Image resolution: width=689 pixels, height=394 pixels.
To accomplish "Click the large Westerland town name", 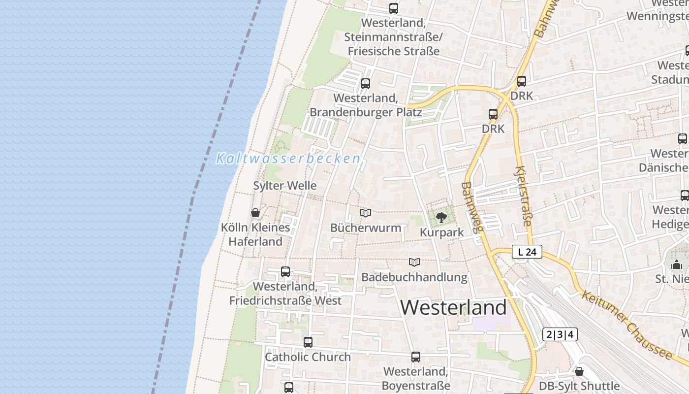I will click(x=453, y=308).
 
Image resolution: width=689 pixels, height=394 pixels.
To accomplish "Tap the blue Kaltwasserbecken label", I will click(x=288, y=159).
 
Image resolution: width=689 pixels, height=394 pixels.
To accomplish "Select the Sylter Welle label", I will click(x=284, y=186).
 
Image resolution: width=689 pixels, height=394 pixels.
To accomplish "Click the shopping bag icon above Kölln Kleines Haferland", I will click(x=255, y=213).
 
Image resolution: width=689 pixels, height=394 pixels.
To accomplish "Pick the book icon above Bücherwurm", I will click(x=365, y=213).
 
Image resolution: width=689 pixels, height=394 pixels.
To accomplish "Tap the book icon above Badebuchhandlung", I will click(x=414, y=262).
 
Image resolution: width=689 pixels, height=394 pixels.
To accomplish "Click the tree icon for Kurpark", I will click(x=441, y=217).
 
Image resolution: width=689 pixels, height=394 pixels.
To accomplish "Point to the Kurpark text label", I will click(x=441, y=232).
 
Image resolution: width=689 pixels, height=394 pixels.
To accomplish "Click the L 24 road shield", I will click(x=527, y=252).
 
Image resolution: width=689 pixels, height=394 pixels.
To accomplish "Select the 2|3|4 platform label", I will click(x=560, y=335).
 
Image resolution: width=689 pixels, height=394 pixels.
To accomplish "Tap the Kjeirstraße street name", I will click(x=523, y=196).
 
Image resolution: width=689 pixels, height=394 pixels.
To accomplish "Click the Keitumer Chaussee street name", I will click(x=626, y=325).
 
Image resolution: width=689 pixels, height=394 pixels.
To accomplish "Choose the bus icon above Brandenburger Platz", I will click(x=365, y=84).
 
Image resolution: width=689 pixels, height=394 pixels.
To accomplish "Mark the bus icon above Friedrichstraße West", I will click(x=285, y=271).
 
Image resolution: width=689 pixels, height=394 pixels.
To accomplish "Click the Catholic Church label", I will click(x=308, y=357).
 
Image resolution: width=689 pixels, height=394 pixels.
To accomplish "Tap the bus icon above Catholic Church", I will click(x=308, y=342).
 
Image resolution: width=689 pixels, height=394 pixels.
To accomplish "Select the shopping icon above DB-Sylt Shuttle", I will click(x=579, y=371).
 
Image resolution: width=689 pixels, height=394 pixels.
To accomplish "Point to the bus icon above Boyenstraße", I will click(x=416, y=357).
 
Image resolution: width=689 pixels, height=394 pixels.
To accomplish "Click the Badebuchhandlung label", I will click(x=414, y=277).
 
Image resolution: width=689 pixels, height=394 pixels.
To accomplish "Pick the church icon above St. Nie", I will click(x=677, y=265).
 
